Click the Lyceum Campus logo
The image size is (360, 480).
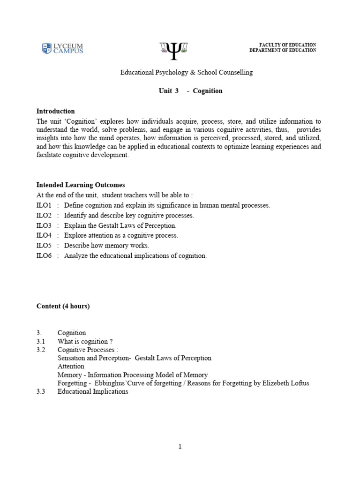tap(62, 48)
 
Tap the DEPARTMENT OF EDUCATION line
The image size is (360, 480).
tap(283, 51)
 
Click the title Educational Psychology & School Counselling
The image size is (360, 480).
tap(187, 73)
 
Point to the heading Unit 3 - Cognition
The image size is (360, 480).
tap(191, 91)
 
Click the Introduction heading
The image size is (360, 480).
tap(56, 112)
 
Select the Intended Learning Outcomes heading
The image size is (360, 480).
tap(81, 185)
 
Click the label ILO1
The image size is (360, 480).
tap(44, 206)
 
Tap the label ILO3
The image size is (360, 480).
tap(44, 225)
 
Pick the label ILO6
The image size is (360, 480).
tap(44, 255)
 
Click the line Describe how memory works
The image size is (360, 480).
tap(106, 246)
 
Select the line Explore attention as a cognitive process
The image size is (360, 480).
tap(121, 236)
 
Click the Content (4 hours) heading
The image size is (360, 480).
tap(63, 307)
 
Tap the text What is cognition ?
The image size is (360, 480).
tap(85, 341)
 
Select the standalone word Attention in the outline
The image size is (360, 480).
tap(71, 367)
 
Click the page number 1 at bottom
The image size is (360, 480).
tap(180, 447)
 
